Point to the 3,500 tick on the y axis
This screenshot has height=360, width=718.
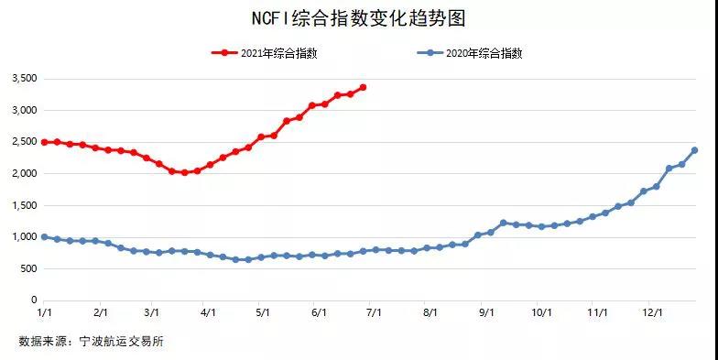coord(24,80)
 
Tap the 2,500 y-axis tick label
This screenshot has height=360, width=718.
coord(24,143)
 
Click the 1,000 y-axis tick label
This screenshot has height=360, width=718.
coord(24,237)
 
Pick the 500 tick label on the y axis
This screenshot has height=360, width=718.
coord(28,268)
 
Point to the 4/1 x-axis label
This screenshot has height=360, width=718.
coord(208,312)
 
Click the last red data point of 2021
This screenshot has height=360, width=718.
coord(364,87)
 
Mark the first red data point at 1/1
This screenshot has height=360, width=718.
coord(44,142)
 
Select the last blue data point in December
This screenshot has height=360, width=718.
coord(694,150)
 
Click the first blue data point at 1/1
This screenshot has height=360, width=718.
coord(44,236)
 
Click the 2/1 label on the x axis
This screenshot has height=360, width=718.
coord(101,312)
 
